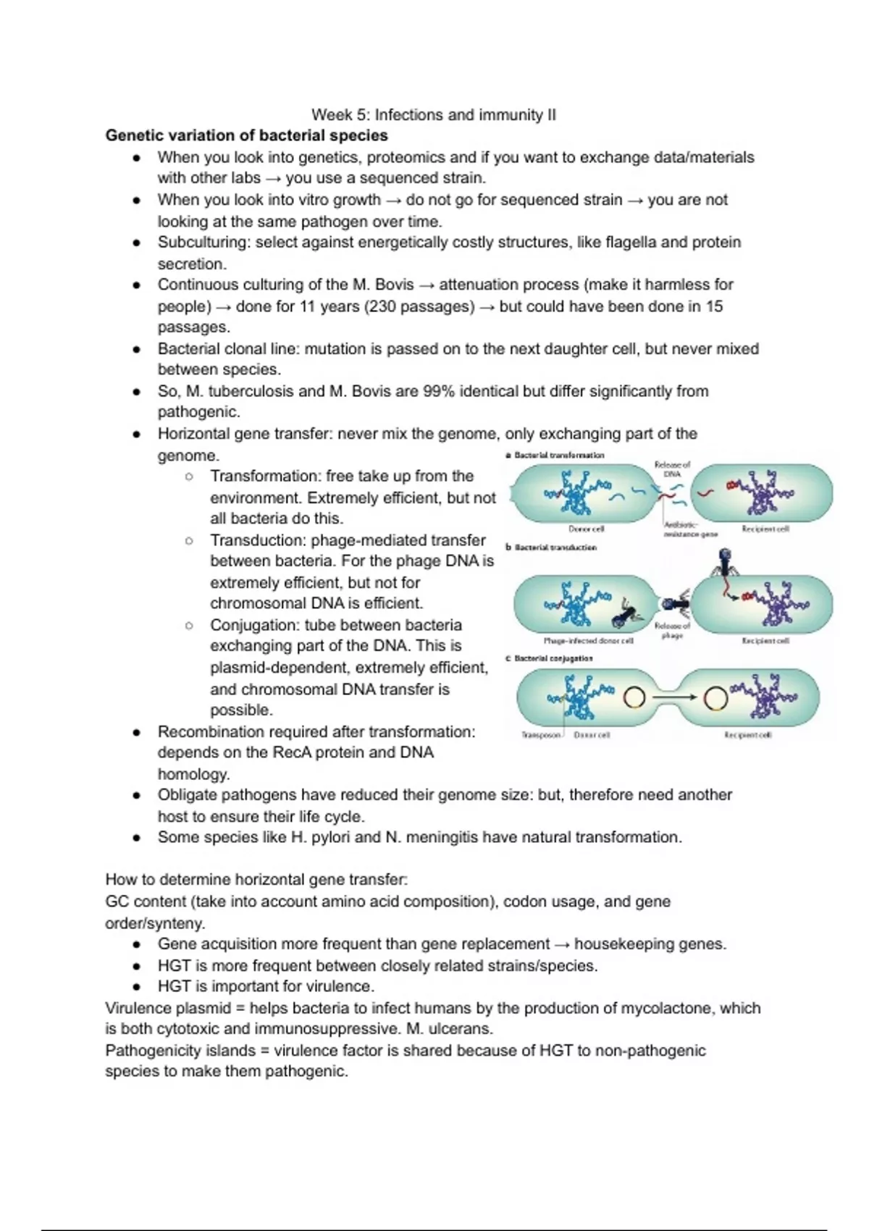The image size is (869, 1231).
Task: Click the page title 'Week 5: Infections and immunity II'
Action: click(x=433, y=114)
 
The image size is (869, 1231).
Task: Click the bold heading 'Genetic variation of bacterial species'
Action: click(x=246, y=135)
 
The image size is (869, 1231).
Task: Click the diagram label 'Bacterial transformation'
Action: click(x=558, y=455)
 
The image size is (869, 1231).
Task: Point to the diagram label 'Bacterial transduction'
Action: click(x=555, y=547)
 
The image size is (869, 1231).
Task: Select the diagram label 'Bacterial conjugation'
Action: click(x=553, y=659)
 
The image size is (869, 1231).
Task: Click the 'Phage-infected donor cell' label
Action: click(x=588, y=641)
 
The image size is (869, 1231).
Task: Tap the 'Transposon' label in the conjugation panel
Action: click(x=541, y=735)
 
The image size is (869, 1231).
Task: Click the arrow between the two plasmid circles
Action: click(x=673, y=697)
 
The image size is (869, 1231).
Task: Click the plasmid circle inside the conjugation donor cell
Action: click(x=634, y=697)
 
